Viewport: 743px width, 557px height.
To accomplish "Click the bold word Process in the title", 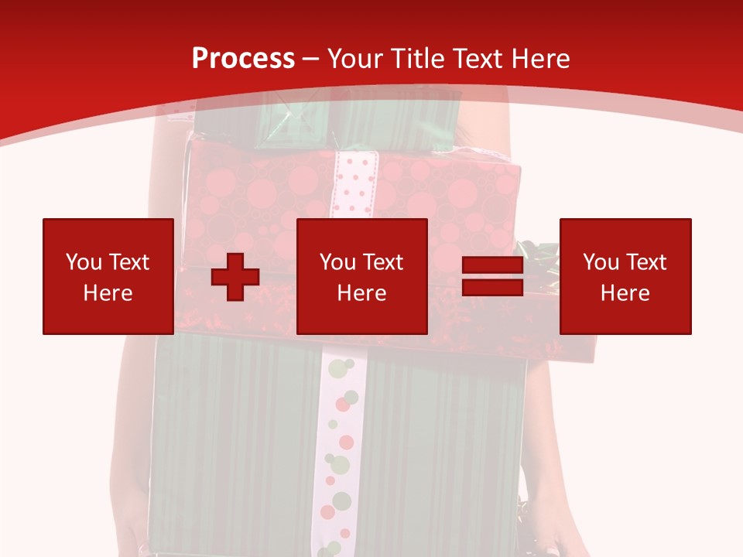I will tap(243, 59).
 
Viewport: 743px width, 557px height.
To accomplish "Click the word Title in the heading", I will tap(419, 59).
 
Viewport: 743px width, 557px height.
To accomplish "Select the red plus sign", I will tap(235, 277).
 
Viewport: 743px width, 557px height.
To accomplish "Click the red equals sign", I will tap(492, 277).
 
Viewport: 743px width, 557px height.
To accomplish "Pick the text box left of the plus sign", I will tap(108, 276).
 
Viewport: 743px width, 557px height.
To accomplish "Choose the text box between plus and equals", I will tap(362, 276).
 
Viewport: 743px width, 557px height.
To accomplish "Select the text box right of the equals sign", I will tap(625, 276).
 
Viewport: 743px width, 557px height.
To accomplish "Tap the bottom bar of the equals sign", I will tap(492, 287).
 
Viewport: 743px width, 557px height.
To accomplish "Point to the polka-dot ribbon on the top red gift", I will tap(354, 183).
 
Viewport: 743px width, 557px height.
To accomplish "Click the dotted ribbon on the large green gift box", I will tap(337, 449).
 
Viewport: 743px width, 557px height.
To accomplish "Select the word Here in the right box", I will tap(625, 293).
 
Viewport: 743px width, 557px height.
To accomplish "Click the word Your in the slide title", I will tap(357, 59).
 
